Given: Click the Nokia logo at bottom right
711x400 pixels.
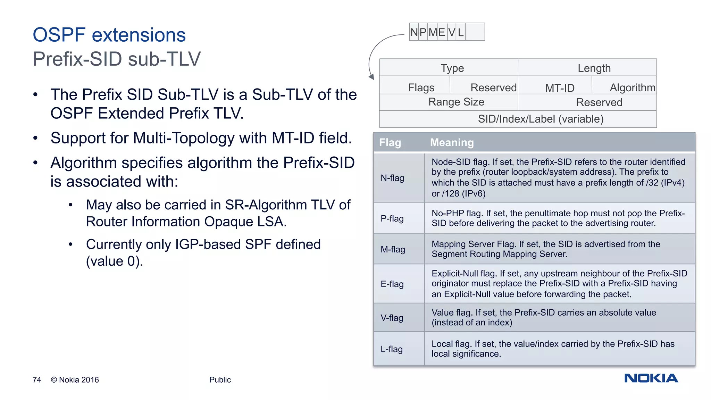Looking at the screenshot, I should [x=651, y=378].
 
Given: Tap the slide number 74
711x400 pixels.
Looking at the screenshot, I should [x=37, y=380].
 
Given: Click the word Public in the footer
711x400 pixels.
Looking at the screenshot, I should [x=220, y=380].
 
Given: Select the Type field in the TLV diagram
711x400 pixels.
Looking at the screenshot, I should [x=452, y=68].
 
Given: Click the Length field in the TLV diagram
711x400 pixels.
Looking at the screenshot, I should [x=594, y=68].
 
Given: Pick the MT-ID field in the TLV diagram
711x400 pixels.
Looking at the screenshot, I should [x=560, y=88].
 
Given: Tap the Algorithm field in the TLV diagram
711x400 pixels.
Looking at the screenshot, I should [x=632, y=87].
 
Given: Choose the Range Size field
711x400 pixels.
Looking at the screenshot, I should [x=456, y=102].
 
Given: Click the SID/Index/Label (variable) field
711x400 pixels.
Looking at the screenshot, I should [x=541, y=119].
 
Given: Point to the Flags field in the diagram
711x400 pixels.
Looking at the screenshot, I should [x=421, y=87].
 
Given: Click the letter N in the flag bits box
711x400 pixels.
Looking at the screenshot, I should [x=414, y=32].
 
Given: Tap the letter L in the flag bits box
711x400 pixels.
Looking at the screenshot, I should [x=461, y=32].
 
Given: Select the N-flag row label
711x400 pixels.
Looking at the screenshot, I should [x=392, y=178].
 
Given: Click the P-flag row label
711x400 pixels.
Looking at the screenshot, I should [x=392, y=218].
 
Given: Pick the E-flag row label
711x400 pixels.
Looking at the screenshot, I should [x=392, y=284].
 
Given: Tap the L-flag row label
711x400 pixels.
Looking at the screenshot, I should [x=392, y=349].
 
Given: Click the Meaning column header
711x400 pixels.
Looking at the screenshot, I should [x=452, y=143].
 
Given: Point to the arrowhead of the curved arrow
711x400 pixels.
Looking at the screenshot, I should [x=371, y=77].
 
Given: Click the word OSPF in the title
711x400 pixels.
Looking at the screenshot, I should [x=59, y=35].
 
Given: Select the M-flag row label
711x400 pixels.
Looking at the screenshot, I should [x=393, y=249].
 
